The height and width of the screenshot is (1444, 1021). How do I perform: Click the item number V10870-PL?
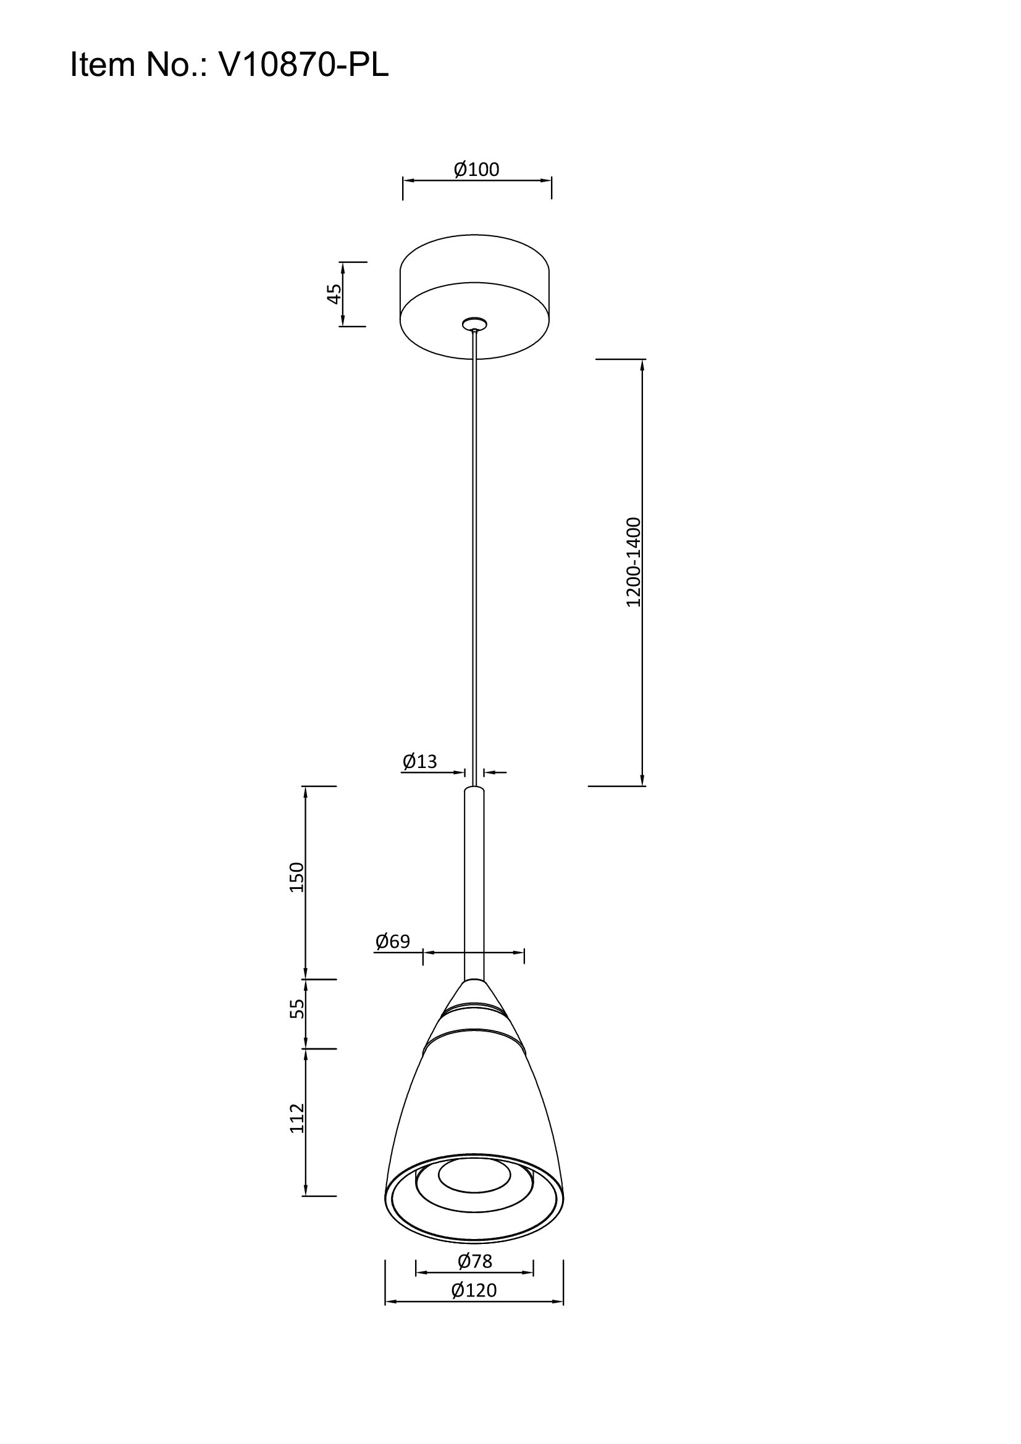303,65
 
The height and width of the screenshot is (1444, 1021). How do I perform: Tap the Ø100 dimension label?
476,169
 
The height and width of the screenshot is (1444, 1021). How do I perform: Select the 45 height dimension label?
334,294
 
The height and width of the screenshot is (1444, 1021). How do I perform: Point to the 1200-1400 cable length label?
634,562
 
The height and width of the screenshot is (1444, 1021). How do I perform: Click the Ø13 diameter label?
419,762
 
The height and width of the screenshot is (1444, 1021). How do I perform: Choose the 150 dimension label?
296,877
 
